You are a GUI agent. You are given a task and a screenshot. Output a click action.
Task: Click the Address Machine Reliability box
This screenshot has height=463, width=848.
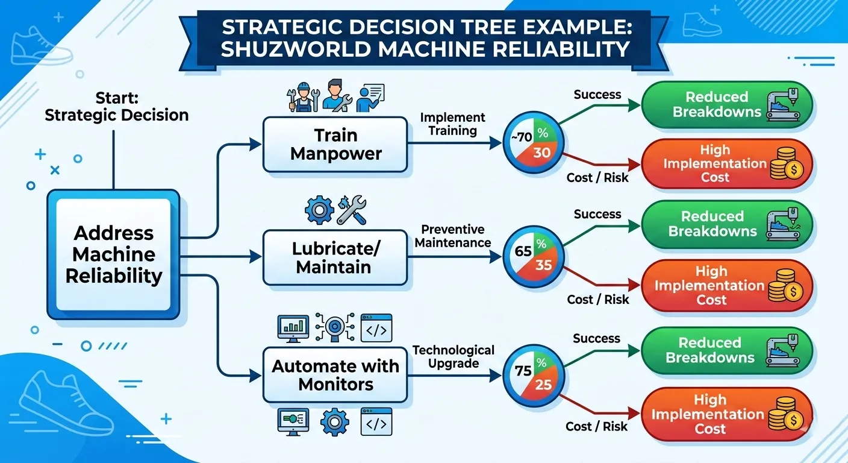coord(113,254)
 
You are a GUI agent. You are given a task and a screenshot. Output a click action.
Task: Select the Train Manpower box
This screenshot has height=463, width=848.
coord(335,144)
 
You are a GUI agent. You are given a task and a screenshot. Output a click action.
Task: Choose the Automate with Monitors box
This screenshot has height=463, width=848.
coord(335,375)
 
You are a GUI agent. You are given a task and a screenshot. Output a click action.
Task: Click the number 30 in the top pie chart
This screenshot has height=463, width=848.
coord(542,153)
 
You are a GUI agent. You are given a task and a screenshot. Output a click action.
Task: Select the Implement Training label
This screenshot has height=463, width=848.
coord(452,124)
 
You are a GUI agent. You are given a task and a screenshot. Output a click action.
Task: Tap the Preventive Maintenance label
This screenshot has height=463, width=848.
coord(452,236)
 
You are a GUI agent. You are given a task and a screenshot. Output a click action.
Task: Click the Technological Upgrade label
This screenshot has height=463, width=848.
coord(452,356)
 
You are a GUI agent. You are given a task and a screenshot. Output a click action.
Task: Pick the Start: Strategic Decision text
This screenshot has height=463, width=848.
coord(117,107)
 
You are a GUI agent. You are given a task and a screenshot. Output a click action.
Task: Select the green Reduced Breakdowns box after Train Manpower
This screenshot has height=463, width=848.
coord(727,105)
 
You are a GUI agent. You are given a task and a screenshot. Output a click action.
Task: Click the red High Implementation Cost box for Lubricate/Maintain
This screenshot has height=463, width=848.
coord(727,286)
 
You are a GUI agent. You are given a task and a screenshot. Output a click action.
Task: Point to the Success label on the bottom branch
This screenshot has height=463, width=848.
coord(596,339)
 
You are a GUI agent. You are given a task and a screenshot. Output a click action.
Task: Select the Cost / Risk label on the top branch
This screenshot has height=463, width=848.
coord(597,177)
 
